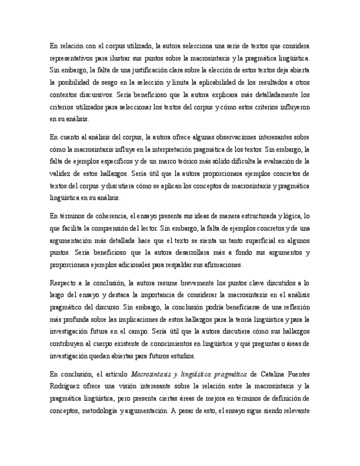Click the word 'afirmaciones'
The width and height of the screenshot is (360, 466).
pyautogui.click(x=220, y=265)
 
